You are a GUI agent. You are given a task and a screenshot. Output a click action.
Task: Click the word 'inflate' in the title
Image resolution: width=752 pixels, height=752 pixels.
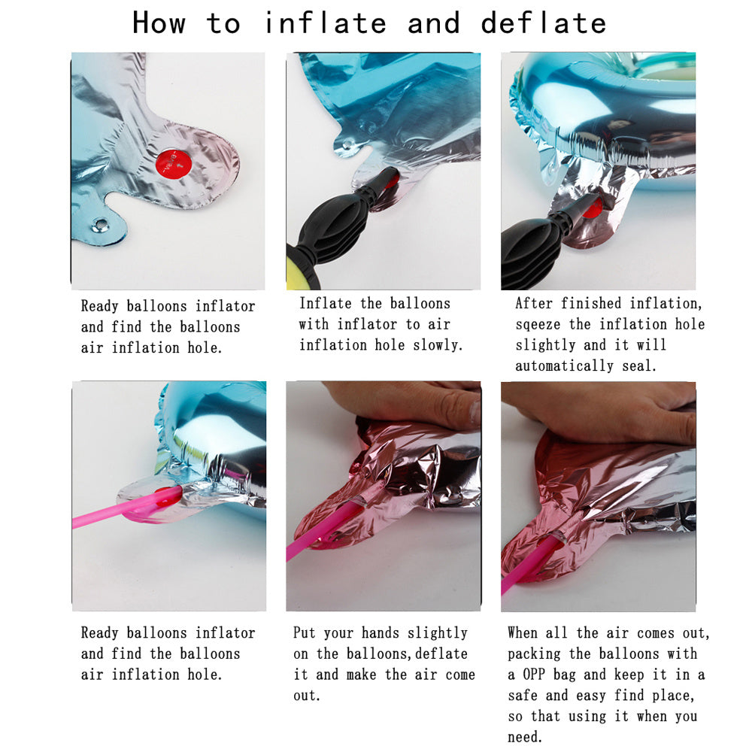tap(325, 23)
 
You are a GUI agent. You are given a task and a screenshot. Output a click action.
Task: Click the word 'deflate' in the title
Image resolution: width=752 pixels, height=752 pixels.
tap(544, 23)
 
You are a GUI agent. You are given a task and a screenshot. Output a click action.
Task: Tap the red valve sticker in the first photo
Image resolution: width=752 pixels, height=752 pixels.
tap(174, 163)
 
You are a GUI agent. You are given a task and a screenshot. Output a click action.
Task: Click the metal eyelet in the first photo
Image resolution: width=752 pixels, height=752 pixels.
tap(101, 224)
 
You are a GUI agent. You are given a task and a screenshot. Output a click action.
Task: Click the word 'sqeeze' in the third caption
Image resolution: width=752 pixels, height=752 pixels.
tap(538, 325)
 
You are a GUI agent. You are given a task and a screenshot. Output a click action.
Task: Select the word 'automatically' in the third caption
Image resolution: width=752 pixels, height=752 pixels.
tap(564, 366)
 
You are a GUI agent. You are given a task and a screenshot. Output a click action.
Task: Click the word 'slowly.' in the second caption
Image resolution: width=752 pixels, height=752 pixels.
tap(438, 345)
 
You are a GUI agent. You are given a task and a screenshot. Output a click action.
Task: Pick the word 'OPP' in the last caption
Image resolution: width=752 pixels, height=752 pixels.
tap(534, 675)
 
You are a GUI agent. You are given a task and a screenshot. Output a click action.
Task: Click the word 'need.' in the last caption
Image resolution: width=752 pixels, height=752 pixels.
tap(525, 737)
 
